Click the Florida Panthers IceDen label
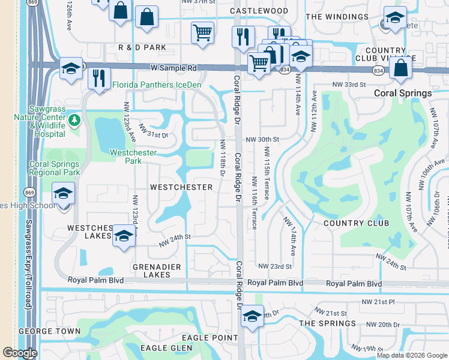(157, 85)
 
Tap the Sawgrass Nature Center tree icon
(74, 120)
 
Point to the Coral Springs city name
(403, 93)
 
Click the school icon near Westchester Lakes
(124, 235)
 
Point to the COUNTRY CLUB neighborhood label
(352, 223)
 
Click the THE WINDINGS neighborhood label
(337, 17)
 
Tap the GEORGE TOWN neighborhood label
(49, 331)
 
